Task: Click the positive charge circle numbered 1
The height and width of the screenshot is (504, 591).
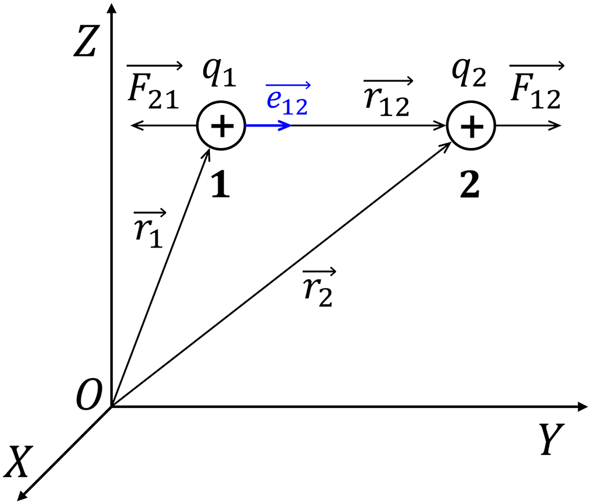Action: [220, 126]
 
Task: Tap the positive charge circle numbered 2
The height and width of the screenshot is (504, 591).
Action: [471, 126]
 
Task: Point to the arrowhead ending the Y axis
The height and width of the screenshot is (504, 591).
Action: [582, 406]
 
